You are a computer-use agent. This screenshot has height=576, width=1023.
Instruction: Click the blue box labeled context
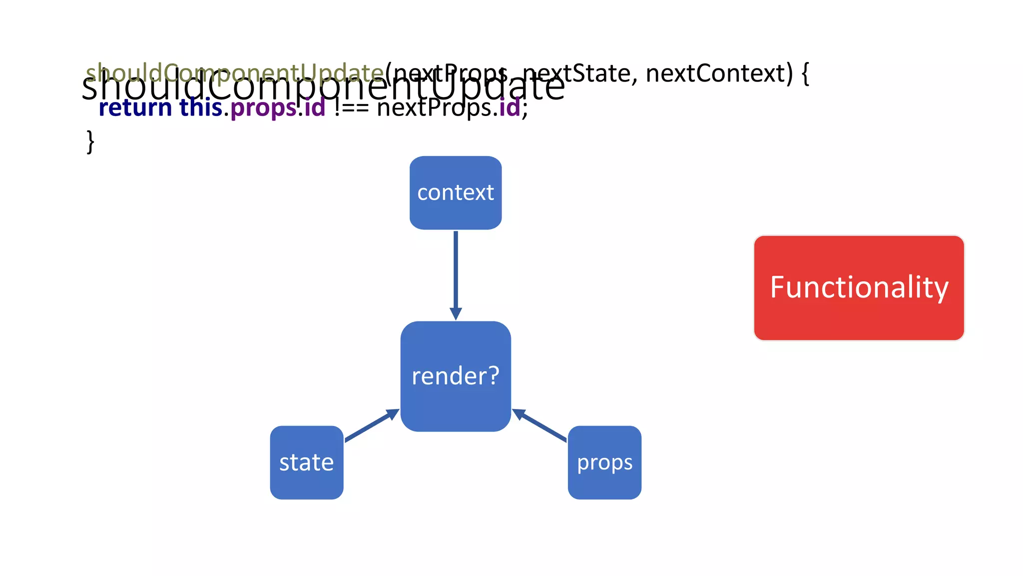coord(456,193)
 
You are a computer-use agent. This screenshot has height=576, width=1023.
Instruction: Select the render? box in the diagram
coord(456,376)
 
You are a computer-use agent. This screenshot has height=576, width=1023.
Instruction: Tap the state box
coord(306,462)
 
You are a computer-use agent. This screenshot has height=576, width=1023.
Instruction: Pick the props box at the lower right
coord(604,462)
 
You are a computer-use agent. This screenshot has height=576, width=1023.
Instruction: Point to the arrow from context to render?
coord(456,270)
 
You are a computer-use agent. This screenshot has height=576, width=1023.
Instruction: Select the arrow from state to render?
coord(371,426)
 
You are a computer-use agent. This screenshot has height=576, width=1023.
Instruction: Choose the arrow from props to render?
coord(539,425)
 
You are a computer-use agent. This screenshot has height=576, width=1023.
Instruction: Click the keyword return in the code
coord(135,108)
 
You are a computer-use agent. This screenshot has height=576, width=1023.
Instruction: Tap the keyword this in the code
coord(201,108)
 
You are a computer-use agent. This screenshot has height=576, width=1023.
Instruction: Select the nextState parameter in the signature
coord(579,73)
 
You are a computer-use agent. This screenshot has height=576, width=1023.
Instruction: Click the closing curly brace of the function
coord(90,142)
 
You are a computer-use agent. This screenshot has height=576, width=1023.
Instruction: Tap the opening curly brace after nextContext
coord(805,73)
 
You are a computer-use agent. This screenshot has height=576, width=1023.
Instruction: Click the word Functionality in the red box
coord(859,287)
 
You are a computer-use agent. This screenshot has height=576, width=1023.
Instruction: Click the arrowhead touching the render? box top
coord(456,314)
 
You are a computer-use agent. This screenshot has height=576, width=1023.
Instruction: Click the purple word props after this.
coord(263,108)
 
